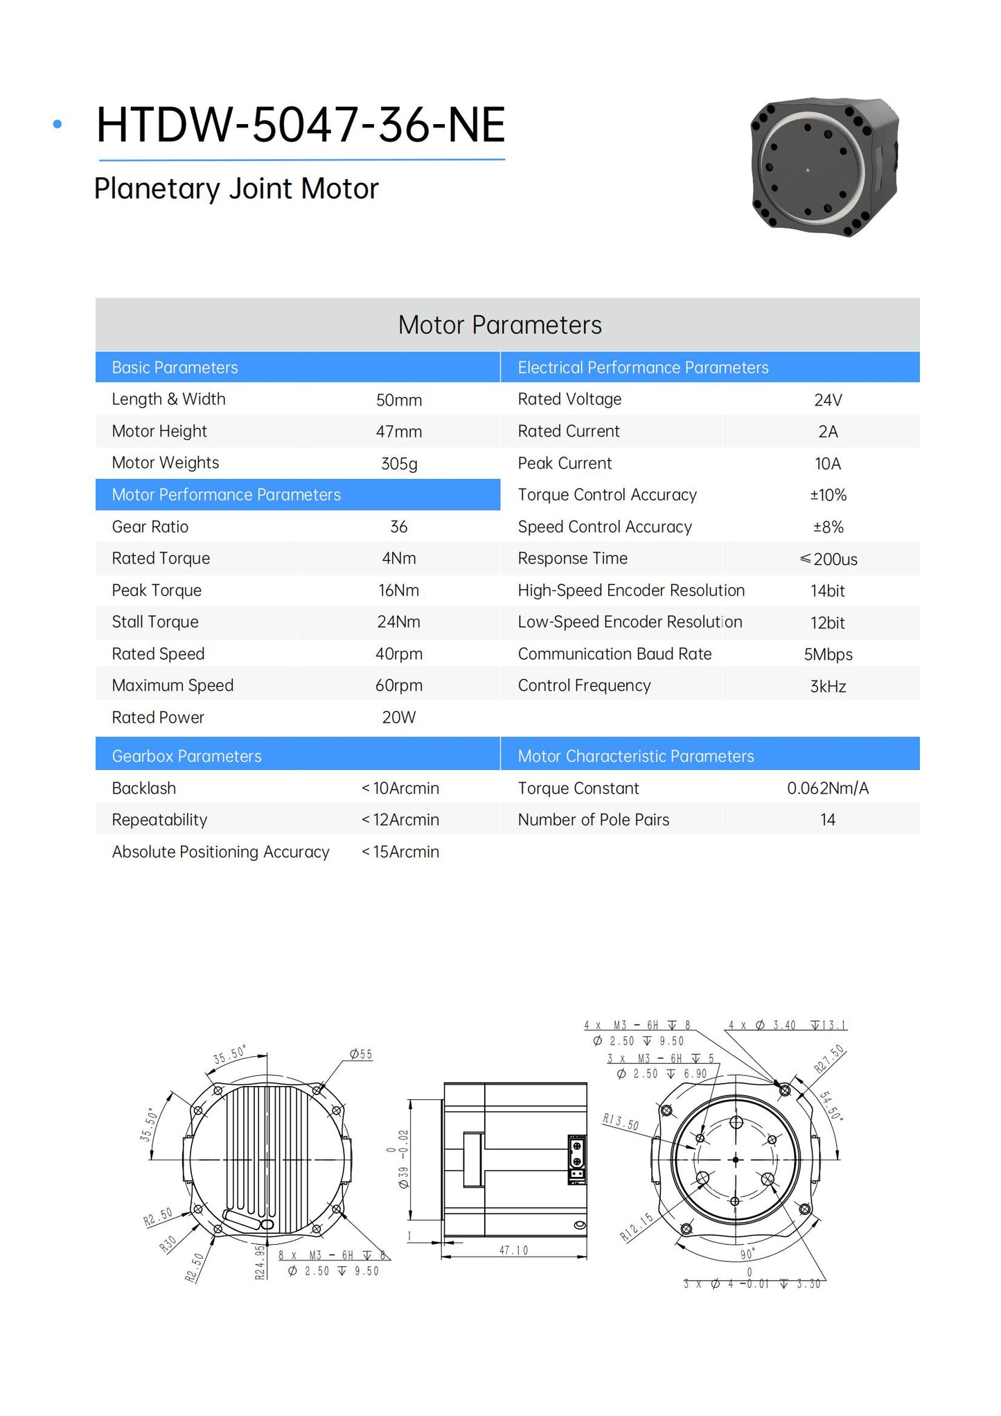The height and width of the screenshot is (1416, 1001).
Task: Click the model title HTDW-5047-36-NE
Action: (301, 125)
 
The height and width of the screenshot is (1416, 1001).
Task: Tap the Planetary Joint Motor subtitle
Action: (236, 189)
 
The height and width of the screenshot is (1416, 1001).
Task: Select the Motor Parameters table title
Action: (499, 325)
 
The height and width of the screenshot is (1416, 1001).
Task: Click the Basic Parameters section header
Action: (175, 367)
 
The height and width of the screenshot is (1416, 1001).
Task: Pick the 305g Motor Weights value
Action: (399, 464)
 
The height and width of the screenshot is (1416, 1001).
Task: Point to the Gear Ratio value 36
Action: (399, 527)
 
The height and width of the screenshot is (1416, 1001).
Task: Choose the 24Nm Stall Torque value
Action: (399, 622)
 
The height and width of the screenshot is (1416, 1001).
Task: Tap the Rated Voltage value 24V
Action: (828, 400)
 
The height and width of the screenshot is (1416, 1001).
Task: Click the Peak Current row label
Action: (565, 463)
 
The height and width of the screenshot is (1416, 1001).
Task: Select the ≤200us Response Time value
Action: (829, 559)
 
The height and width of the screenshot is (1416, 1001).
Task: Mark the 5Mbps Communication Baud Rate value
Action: (828, 654)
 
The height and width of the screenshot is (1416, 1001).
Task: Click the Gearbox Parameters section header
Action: (186, 756)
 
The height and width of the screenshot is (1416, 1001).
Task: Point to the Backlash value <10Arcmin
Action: (400, 788)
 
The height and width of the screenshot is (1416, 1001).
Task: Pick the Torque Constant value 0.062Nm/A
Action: (828, 788)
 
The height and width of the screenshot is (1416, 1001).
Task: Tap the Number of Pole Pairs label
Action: (594, 820)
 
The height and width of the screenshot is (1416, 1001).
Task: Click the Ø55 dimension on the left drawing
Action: (361, 1054)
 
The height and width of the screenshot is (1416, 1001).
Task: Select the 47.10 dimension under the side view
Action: (513, 1250)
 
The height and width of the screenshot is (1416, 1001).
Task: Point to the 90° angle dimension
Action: (747, 1255)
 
